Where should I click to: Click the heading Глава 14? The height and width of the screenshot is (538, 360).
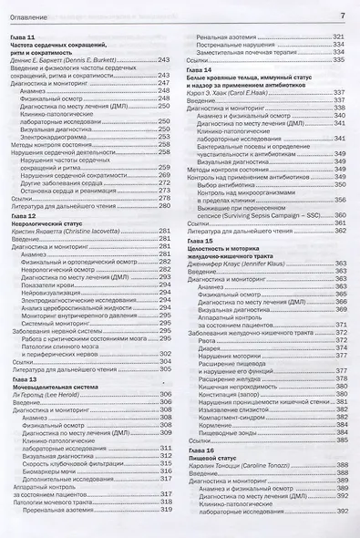tap(202, 69)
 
